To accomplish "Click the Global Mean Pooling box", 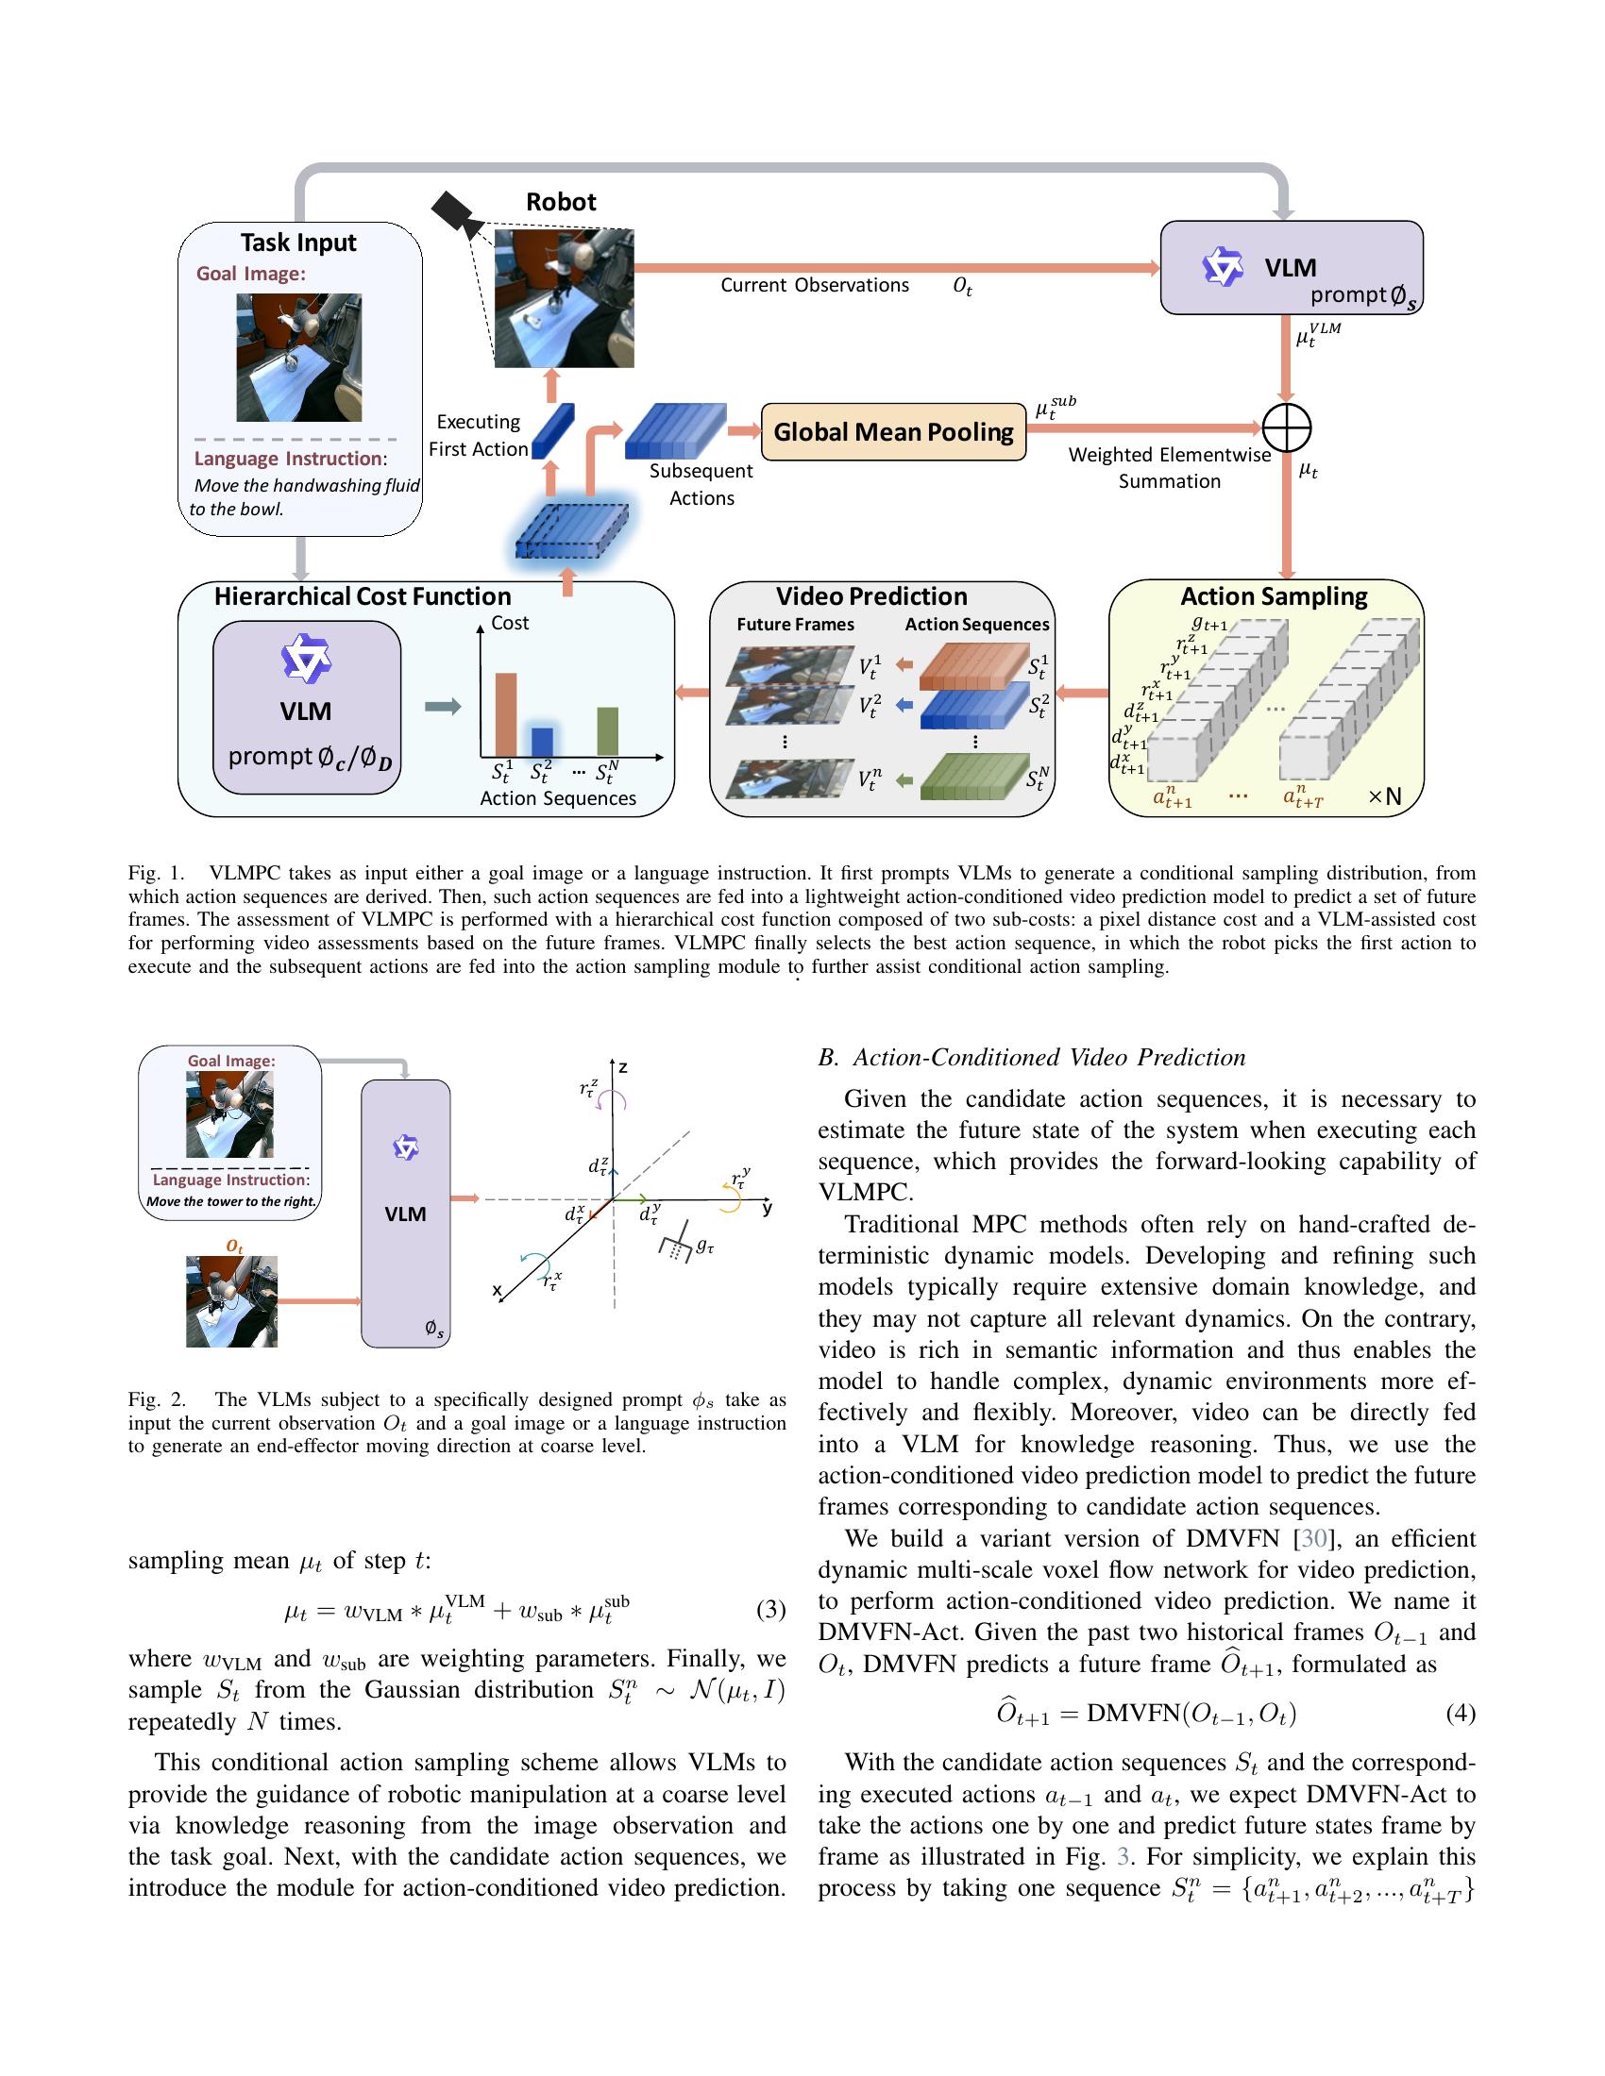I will [893, 431].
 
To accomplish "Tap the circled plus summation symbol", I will [1287, 427].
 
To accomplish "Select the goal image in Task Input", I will [298, 358].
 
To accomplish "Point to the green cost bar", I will [608, 731].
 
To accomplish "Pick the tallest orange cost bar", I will [505, 714].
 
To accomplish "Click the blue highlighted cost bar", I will [542, 741].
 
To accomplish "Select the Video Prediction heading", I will [871, 596].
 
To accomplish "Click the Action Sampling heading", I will [1274, 596].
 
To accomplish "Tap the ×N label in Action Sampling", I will [1384, 796].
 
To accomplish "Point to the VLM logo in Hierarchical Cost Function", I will [306, 658].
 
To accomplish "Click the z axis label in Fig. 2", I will [623, 1067].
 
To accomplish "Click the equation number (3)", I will [770, 1609].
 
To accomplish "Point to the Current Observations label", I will [814, 285].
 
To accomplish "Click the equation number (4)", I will [1460, 1713].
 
